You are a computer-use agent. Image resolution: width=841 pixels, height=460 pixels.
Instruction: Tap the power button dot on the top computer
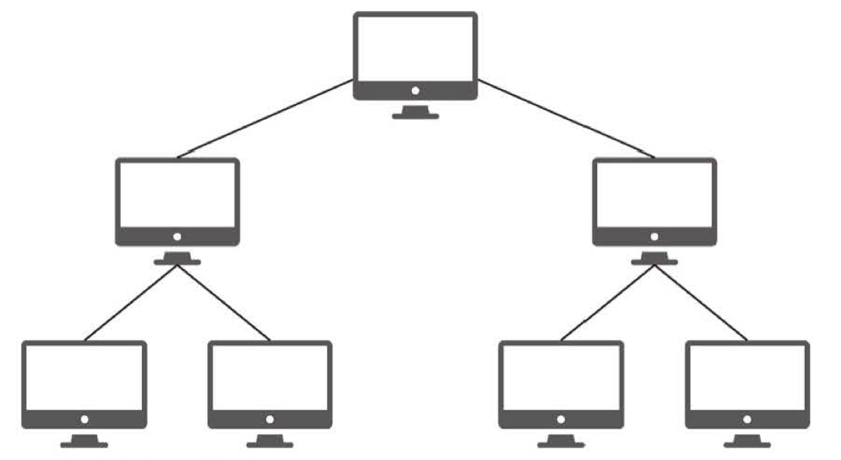[x=415, y=91]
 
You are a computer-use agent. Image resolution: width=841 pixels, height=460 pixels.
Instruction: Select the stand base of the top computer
[x=415, y=115]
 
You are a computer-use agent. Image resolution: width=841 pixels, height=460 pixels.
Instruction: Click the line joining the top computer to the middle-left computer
[x=265, y=119]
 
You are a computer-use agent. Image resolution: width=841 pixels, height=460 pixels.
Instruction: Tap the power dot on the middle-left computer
[x=177, y=236]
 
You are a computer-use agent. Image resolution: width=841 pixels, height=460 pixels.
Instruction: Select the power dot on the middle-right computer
[x=654, y=236]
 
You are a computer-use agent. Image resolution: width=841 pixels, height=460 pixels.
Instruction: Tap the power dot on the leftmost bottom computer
[x=84, y=419]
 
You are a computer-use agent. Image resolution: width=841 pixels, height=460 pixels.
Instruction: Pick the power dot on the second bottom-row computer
[x=271, y=419]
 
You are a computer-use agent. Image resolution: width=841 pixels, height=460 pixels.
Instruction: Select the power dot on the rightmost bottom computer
[x=748, y=419]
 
